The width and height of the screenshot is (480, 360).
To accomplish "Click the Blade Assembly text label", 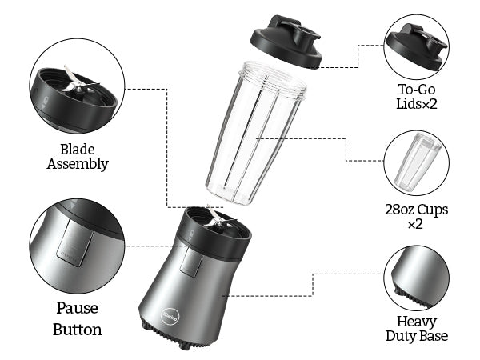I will (x=78, y=156).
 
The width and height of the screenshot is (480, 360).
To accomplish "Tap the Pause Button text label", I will (x=78, y=318).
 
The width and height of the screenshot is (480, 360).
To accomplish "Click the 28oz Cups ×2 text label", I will (x=415, y=217).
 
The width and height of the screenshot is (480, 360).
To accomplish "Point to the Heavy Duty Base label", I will (x=415, y=328).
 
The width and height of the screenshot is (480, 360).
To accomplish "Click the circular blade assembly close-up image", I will (x=77, y=90).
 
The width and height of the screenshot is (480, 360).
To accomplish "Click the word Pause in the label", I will (x=78, y=308).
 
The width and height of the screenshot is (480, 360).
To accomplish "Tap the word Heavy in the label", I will (x=415, y=320).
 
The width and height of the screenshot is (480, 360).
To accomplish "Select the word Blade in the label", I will (x=78, y=149).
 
